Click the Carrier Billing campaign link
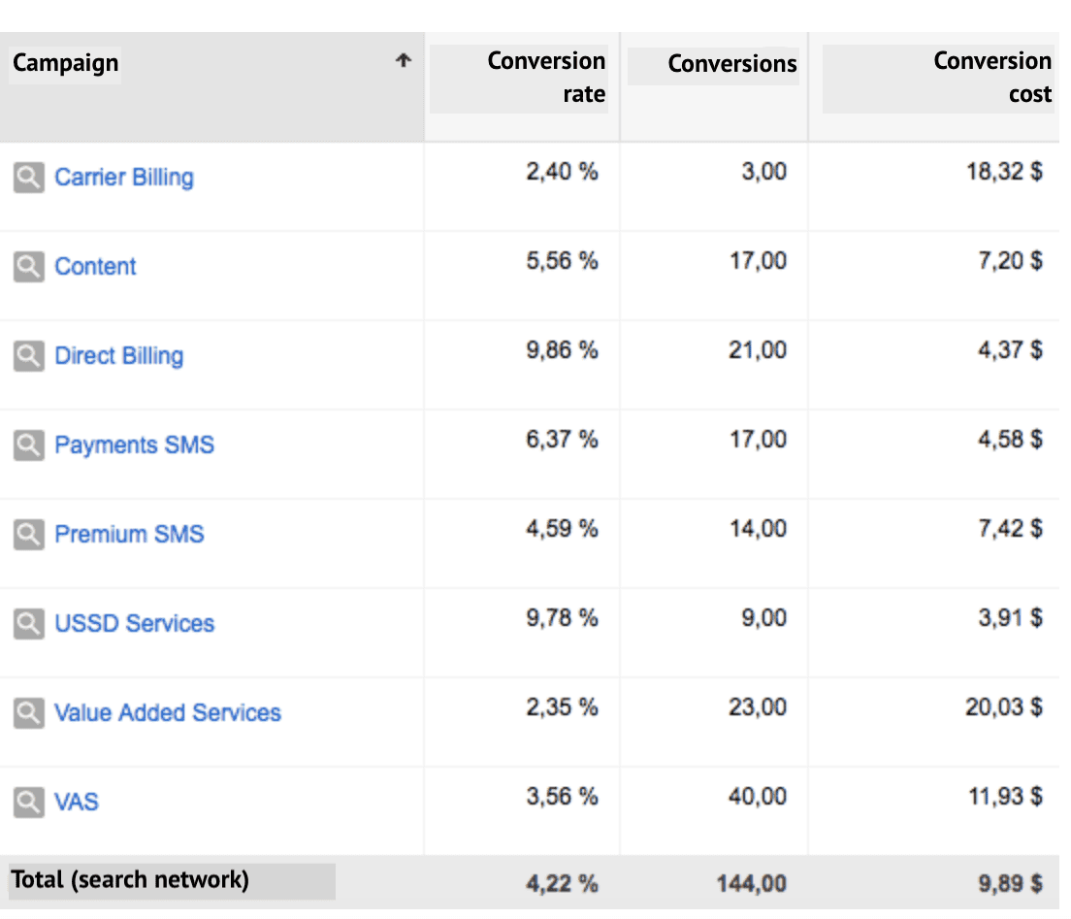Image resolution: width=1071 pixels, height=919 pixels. [123, 178]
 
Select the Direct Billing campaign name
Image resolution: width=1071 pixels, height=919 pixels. [118, 356]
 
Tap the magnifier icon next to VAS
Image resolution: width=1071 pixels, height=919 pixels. [29, 802]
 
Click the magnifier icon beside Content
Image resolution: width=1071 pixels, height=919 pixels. [29, 266]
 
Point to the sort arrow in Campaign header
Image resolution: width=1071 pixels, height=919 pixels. [404, 61]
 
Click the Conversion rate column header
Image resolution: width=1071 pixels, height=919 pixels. [545, 77]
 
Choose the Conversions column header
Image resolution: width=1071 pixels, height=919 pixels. [731, 64]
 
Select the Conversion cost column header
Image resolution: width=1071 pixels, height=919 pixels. [991, 77]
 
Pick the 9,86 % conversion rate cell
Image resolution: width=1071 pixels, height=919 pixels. [562, 350]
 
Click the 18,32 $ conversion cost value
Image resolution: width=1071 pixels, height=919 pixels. [1004, 173]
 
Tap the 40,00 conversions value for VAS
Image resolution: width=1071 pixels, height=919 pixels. [758, 797]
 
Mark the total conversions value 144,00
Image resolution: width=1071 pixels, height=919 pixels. [752, 884]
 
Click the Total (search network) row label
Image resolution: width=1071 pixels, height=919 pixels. [130, 880]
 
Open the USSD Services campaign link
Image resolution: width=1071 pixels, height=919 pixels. [134, 623]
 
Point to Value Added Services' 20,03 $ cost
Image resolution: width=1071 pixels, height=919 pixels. [1003, 707]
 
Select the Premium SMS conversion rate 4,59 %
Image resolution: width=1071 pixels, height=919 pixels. [562, 529]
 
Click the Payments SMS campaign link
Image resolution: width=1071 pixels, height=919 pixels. [134, 445]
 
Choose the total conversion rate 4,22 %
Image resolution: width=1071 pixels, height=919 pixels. [562, 884]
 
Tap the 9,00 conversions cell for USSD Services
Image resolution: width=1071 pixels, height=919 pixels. [764, 618]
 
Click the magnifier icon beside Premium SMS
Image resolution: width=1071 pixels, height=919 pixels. [29, 534]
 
